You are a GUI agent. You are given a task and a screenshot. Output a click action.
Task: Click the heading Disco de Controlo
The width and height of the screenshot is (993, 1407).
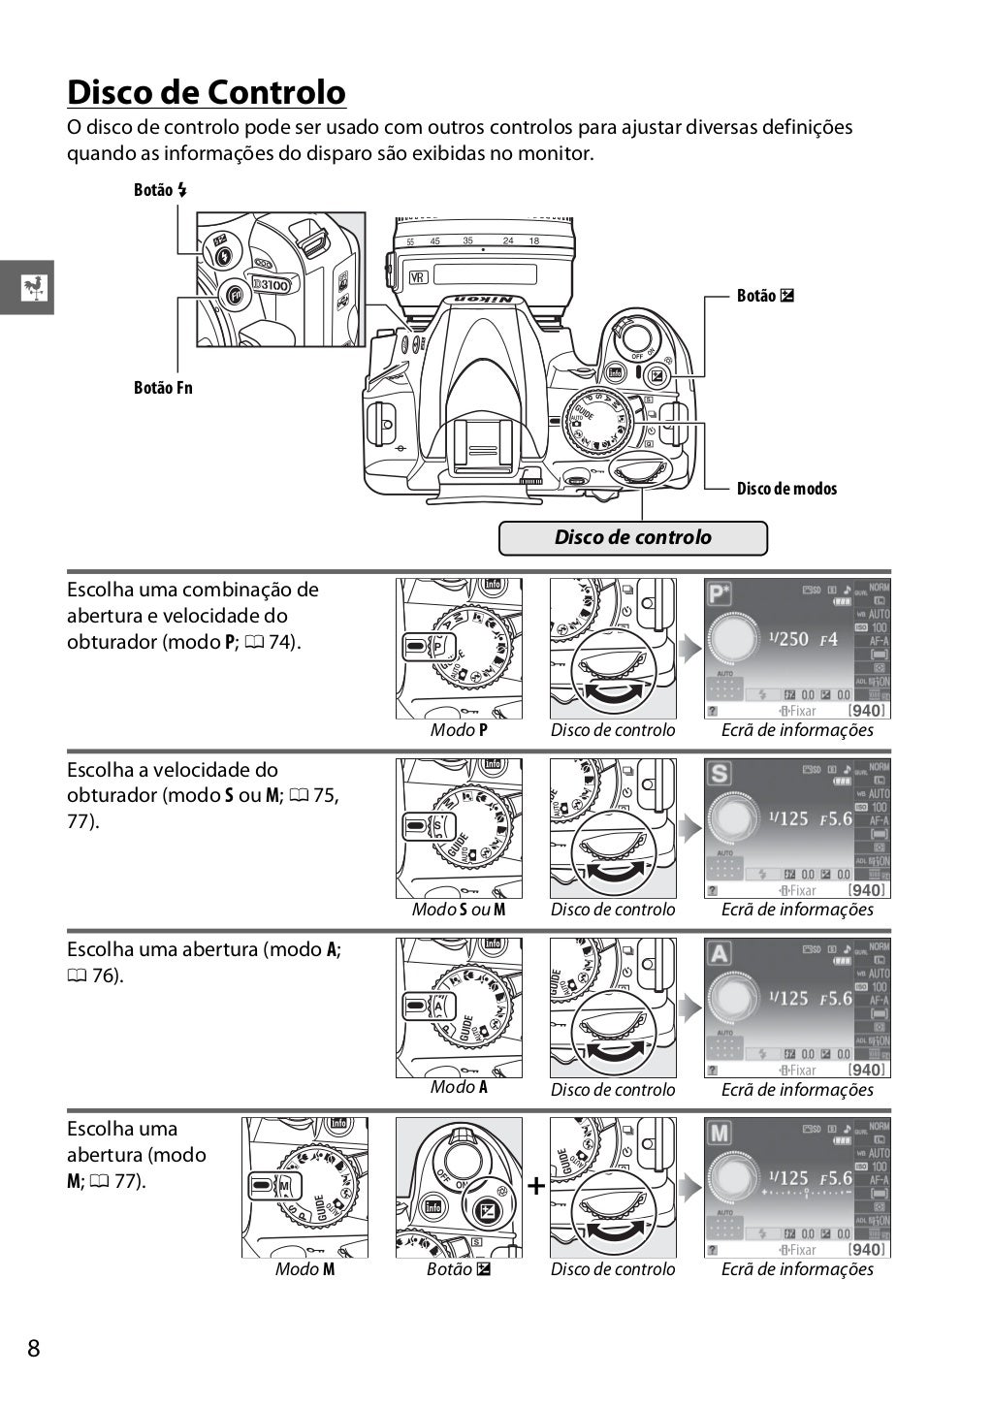pyautogui.click(x=206, y=92)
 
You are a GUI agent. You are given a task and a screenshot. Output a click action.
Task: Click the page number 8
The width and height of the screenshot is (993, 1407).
pyautogui.click(x=34, y=1349)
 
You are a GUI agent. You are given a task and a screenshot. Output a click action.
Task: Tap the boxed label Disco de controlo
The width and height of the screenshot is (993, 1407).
pyautogui.click(x=632, y=537)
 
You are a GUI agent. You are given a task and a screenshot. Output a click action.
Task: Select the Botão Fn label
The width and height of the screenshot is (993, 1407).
pyautogui.click(x=163, y=388)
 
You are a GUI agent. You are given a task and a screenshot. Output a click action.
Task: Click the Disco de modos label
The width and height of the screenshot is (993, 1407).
pyautogui.click(x=786, y=489)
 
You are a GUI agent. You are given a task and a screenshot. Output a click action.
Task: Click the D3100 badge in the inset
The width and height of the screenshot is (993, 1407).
pyautogui.click(x=271, y=284)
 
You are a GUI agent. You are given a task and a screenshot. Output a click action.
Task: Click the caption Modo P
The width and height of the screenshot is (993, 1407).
pyautogui.click(x=459, y=730)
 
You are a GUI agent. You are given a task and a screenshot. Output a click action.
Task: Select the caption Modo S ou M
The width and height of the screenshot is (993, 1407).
pyautogui.click(x=459, y=910)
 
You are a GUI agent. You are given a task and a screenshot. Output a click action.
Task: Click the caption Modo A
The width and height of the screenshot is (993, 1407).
pyautogui.click(x=459, y=1087)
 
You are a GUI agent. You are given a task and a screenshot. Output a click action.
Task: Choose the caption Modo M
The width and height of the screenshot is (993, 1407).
pyautogui.click(x=304, y=1269)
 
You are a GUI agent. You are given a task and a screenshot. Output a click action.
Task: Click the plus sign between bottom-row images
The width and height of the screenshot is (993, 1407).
pyautogui.click(x=535, y=1186)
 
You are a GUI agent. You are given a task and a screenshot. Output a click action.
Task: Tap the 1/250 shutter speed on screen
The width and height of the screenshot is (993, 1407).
pyautogui.click(x=788, y=639)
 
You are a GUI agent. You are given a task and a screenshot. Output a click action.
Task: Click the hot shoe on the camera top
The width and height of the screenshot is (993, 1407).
pyautogui.click(x=481, y=448)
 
